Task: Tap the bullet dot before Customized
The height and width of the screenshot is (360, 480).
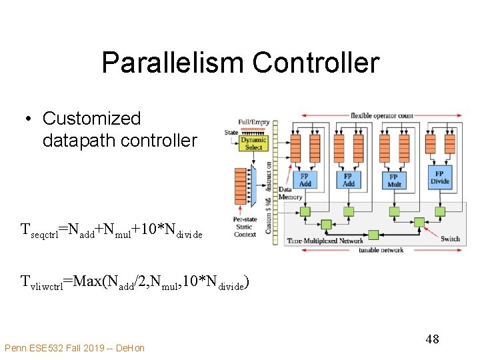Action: tap(29, 119)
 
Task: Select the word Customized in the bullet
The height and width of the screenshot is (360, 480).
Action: tap(91, 119)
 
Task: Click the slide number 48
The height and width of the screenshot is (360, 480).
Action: tap(432, 339)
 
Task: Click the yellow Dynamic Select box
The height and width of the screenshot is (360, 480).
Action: tap(253, 143)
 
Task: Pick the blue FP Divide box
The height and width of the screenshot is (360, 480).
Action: tap(440, 177)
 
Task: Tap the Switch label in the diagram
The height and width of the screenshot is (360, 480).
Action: tap(450, 238)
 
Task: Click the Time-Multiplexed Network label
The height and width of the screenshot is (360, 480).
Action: tap(325, 240)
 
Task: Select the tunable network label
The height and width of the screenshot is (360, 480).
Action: tap(381, 250)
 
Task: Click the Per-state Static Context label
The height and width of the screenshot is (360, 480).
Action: tap(245, 227)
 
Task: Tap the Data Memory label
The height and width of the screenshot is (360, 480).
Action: tap(290, 193)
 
